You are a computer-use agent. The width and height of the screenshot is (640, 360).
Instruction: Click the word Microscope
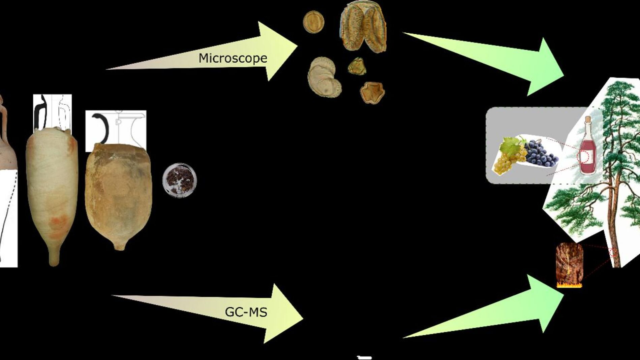point(233,58)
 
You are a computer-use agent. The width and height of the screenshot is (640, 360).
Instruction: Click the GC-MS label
point(246,312)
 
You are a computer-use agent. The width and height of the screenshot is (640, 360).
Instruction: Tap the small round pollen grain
point(313,22)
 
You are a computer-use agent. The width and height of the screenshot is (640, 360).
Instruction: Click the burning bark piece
point(569,263)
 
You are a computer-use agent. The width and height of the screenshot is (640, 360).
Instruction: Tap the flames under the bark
point(569,286)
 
